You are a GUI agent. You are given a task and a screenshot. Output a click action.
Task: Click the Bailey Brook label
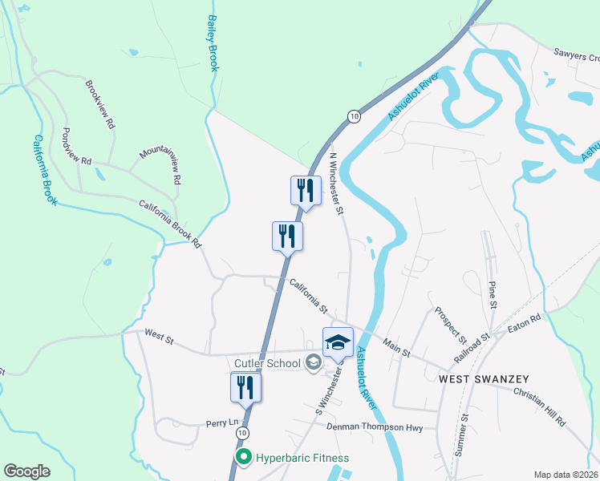point(213,42)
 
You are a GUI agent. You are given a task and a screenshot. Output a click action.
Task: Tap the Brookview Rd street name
point(100,104)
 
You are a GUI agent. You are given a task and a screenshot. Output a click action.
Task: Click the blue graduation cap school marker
point(338,342)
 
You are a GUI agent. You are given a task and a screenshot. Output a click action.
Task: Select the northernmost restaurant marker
point(305,191)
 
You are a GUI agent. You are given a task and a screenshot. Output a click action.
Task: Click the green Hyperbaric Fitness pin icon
point(242,458)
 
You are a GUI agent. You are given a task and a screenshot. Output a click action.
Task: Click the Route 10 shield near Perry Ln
point(242,432)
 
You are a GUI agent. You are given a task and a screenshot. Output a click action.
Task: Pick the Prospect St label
point(451,321)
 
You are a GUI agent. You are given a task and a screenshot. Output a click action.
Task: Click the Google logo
point(27,471)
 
